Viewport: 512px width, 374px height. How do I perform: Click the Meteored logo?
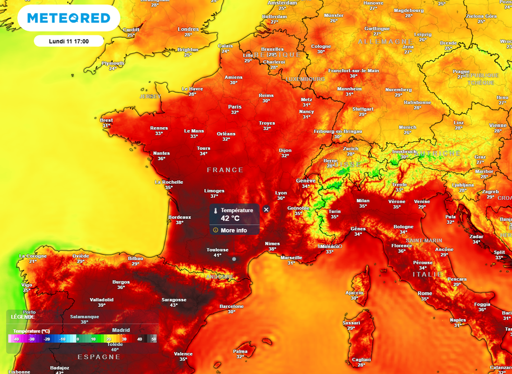coord(68,19)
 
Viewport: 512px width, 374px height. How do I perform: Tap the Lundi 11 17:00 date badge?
coord(68,41)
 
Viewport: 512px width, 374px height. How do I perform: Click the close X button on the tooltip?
coord(266,209)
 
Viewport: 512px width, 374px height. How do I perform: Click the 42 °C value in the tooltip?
coord(230,219)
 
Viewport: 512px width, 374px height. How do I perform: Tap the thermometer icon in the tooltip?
coord(215,211)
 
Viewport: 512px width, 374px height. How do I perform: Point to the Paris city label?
coord(234,107)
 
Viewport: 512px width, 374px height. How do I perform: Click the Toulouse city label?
coord(217,250)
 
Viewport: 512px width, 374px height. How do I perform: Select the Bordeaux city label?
coord(179,217)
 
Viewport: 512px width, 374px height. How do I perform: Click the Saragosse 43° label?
coord(173,302)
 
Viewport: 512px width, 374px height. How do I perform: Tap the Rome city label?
coord(424,293)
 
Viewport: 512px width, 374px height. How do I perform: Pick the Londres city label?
coord(188,29)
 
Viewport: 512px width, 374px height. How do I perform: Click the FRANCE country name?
coord(225,170)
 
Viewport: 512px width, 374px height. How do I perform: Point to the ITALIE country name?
coord(427,274)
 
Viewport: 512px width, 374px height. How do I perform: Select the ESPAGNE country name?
coord(98,357)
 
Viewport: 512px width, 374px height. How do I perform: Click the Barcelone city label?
coord(231,306)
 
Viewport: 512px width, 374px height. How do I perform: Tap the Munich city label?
coord(407,127)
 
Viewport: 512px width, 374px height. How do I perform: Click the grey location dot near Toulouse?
coord(234,259)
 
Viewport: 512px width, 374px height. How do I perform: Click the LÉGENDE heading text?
coord(23,317)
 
